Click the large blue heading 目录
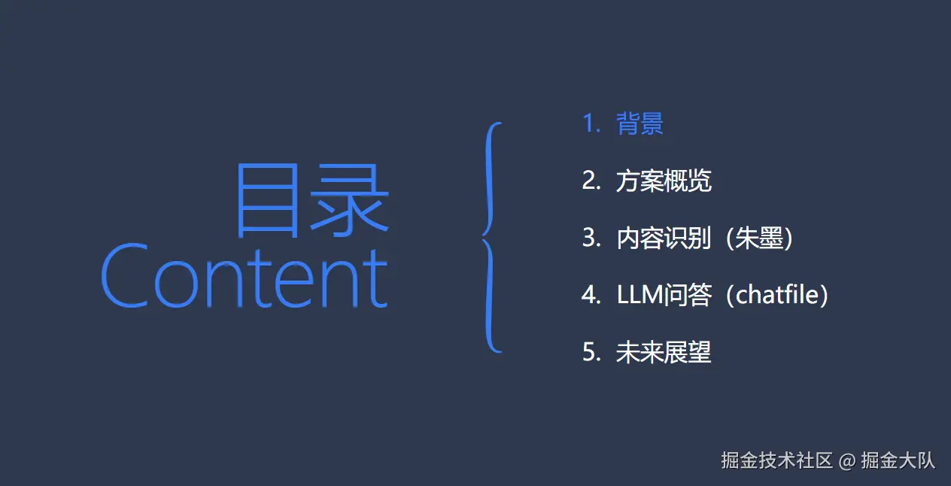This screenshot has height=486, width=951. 312,200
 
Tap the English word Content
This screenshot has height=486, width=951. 245,276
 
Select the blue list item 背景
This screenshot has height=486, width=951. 640,123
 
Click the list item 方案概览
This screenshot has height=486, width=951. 664,181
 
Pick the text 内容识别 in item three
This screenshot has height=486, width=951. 664,238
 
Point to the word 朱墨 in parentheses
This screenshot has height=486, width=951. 759,238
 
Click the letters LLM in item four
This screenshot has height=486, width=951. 640,295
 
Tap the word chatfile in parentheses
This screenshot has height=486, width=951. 777,295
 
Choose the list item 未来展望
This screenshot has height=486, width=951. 664,352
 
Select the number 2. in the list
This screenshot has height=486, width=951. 591,181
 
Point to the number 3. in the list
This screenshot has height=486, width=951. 591,238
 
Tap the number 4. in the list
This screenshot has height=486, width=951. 591,295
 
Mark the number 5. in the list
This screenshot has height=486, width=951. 591,352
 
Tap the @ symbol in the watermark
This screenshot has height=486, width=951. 847,461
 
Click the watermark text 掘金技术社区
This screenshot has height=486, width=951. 776,461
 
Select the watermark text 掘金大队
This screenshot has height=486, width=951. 898,461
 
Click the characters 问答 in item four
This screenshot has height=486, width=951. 688,295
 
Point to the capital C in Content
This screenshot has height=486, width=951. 124,276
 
